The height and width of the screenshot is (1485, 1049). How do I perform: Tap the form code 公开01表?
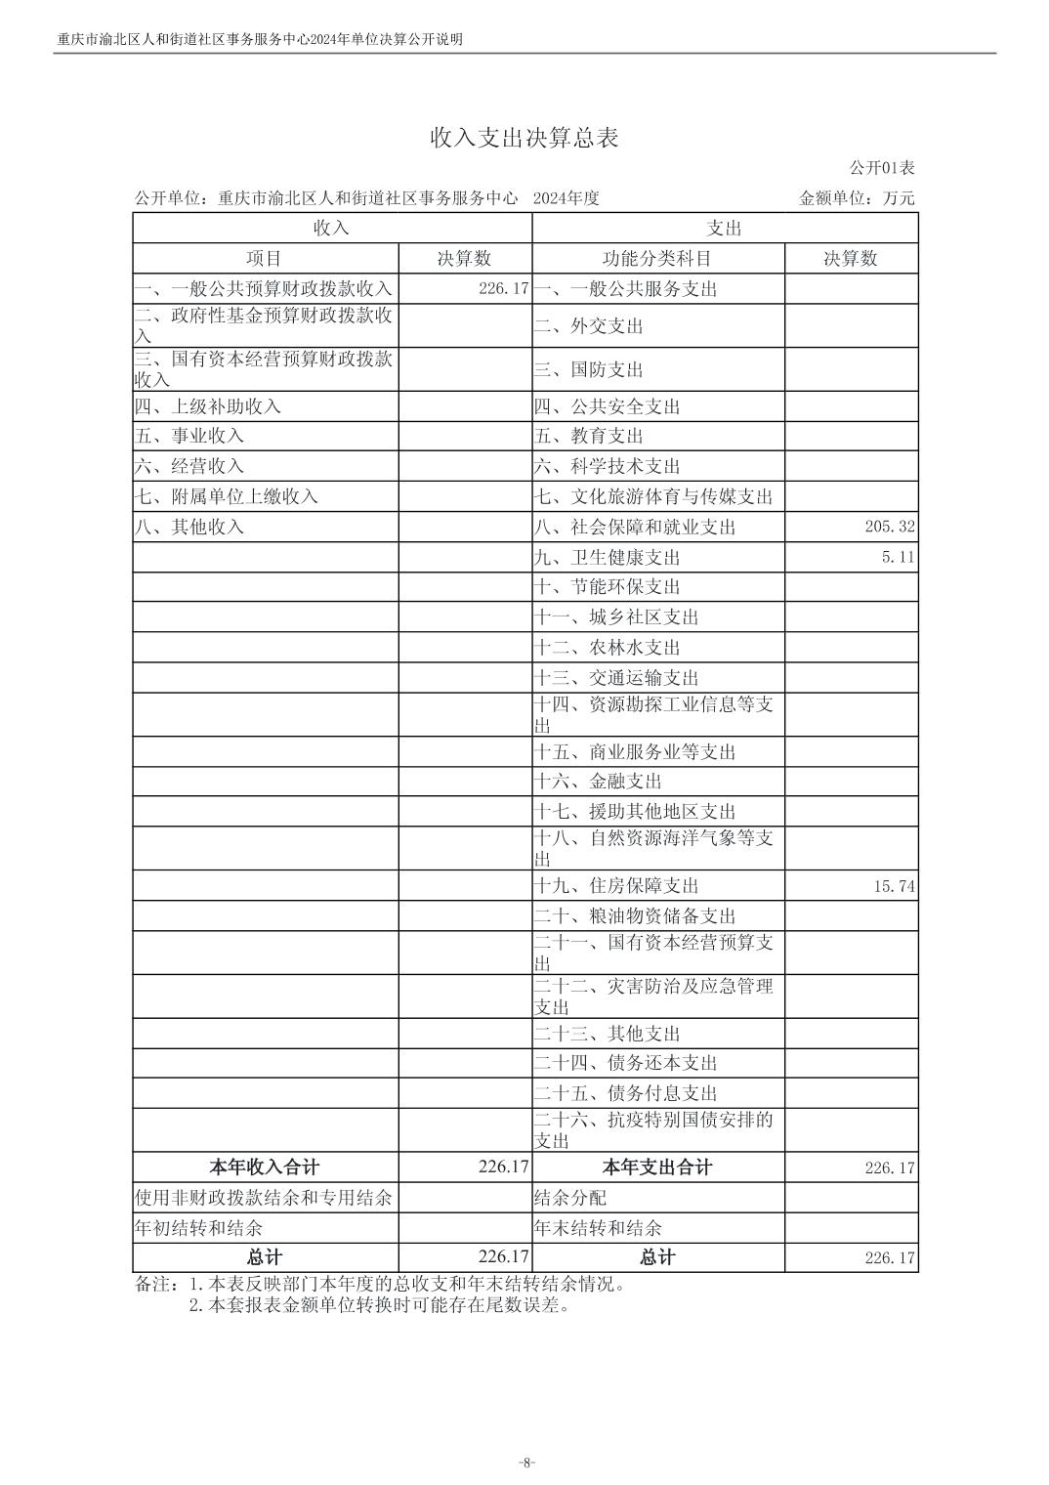coord(881,169)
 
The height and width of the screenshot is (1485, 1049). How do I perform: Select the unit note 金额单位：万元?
coord(857,198)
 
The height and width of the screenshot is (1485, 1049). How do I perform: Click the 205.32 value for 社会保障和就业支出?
coord(889,527)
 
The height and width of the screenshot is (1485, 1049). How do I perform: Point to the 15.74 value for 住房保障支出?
coord(894,886)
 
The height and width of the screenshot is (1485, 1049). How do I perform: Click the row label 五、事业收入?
coord(189,436)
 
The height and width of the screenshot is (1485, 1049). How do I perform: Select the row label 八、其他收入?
coord(189,527)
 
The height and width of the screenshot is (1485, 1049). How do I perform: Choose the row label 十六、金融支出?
coord(598,782)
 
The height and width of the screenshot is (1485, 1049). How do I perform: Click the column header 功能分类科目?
coord(657,259)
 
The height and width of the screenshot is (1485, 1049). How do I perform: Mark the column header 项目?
coord(265,259)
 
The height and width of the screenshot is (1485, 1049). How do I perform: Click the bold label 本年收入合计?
coord(265,1167)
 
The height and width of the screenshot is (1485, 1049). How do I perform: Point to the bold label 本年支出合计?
coord(657,1167)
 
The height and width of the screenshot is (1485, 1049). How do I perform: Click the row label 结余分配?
coord(570,1198)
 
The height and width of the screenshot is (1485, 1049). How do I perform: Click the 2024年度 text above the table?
coord(566,198)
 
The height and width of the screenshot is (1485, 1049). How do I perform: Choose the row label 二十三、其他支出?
coord(607,1034)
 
